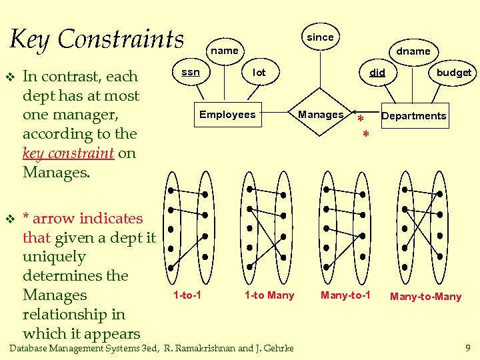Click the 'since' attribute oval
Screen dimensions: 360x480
[320, 37]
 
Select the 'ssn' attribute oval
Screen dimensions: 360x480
[191, 72]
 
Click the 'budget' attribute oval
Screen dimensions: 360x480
[453, 73]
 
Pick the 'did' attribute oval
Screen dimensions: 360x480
[377, 73]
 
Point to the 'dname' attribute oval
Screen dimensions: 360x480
[413, 51]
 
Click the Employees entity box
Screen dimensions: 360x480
[227, 115]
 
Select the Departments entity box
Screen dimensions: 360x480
[413, 116]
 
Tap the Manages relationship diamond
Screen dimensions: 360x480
[321, 115]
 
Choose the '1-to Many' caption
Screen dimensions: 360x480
[269, 295]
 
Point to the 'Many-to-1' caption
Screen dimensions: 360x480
[345, 295]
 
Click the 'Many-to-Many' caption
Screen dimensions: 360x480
[425, 297]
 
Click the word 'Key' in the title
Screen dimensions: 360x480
[31, 39]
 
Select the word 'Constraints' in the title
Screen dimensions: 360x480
[121, 39]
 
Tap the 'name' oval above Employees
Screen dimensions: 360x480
[225, 51]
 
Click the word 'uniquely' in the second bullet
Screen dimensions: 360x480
[54, 257]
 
